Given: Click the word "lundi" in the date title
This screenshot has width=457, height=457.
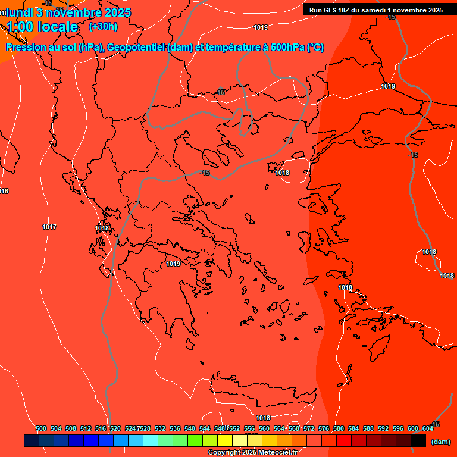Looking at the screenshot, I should tap(19, 12).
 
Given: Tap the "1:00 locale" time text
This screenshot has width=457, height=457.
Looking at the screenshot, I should tap(43, 27).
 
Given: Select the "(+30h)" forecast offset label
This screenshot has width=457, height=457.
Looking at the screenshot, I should tap(103, 27).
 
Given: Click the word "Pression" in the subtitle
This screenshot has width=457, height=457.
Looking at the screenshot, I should tap(25, 48).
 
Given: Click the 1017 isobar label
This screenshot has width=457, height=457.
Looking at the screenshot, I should tap(49, 227).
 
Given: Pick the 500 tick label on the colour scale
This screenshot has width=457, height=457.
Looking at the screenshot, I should tap(41, 428).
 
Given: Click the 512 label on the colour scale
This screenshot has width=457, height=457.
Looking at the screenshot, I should tap(86, 428).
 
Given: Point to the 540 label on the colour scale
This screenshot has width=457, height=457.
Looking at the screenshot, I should tap(190, 428).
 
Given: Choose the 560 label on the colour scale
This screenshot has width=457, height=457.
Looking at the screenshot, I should tap(264, 428).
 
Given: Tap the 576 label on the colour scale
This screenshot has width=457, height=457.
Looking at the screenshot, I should tap(324, 428).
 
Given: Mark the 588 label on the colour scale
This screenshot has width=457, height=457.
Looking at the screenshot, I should tap(368, 428).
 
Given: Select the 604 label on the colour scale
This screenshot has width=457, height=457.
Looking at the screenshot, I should tap(427, 428).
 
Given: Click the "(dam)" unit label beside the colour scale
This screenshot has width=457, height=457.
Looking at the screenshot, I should tap(441, 441).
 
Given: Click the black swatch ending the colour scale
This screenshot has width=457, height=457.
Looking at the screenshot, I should tap(418, 441).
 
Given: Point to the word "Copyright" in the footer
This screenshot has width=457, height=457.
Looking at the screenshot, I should tap(224, 453).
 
